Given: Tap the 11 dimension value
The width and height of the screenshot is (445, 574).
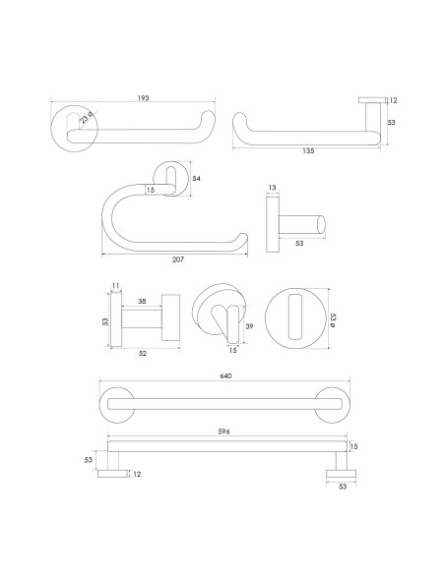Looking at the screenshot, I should click(115, 286).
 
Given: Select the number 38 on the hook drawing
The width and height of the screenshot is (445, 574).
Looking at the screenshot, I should click(143, 302).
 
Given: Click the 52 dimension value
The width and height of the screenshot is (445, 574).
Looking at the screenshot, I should click(143, 355).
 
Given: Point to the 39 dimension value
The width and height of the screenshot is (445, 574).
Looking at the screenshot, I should click(250, 325).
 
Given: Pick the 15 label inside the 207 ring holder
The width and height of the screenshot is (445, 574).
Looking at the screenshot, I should click(151, 189).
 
